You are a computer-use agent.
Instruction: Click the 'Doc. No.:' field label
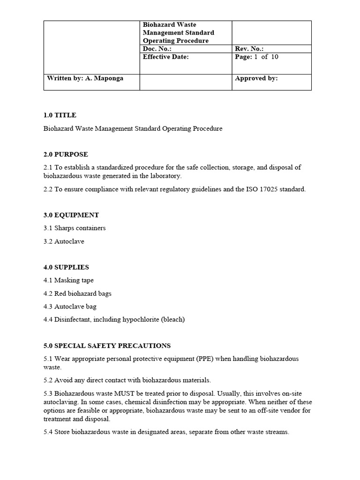[x=157, y=49]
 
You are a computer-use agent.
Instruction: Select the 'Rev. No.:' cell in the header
[x=249, y=49]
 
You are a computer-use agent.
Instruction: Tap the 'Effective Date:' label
[x=165, y=57]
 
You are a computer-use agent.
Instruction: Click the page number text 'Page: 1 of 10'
[x=256, y=57]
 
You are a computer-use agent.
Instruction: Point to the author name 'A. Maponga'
[x=105, y=78]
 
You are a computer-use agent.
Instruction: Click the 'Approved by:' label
[x=256, y=78]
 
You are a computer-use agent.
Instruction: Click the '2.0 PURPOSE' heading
[x=65, y=154]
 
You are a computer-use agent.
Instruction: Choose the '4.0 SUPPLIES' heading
[x=66, y=267]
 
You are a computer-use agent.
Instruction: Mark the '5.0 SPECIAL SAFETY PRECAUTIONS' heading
[x=106, y=345]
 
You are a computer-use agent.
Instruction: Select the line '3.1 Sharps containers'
[x=74, y=228]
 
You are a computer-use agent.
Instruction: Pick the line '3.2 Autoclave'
[x=63, y=241]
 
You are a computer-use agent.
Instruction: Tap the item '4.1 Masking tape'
[x=68, y=280]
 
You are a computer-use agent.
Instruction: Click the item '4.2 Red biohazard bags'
[x=77, y=293]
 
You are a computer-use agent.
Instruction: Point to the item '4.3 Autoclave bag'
[x=69, y=307]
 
